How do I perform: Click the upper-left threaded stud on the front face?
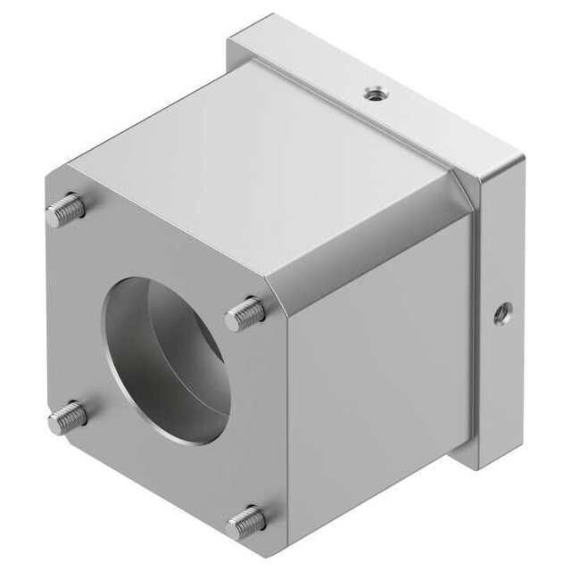(66, 211)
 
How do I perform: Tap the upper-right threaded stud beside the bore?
(245, 314)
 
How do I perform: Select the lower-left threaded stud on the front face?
(66, 417)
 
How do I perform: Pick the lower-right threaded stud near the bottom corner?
(246, 520)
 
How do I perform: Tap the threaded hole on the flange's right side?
(502, 313)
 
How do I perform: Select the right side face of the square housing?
(375, 375)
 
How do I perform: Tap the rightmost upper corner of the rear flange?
(523, 159)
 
